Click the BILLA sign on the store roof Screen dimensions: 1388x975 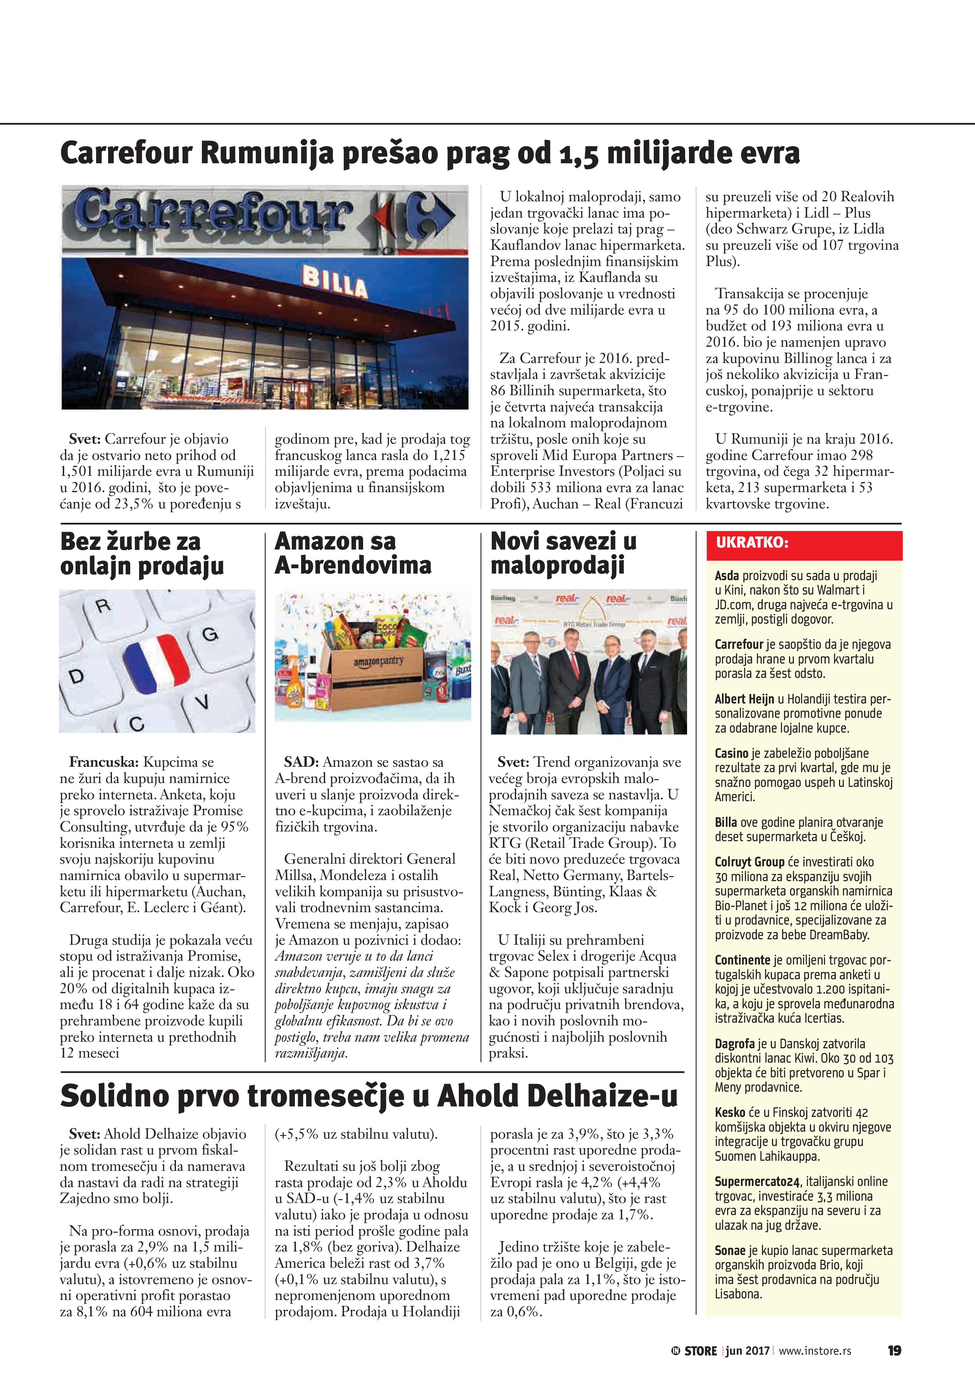[x=335, y=282]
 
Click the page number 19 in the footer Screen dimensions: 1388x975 [x=894, y=1350]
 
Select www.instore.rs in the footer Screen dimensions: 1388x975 [x=815, y=1350]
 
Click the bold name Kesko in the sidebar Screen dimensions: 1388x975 [x=730, y=1112]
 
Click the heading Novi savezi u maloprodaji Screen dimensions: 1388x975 [x=563, y=553]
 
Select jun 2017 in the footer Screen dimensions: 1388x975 [x=748, y=1350]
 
